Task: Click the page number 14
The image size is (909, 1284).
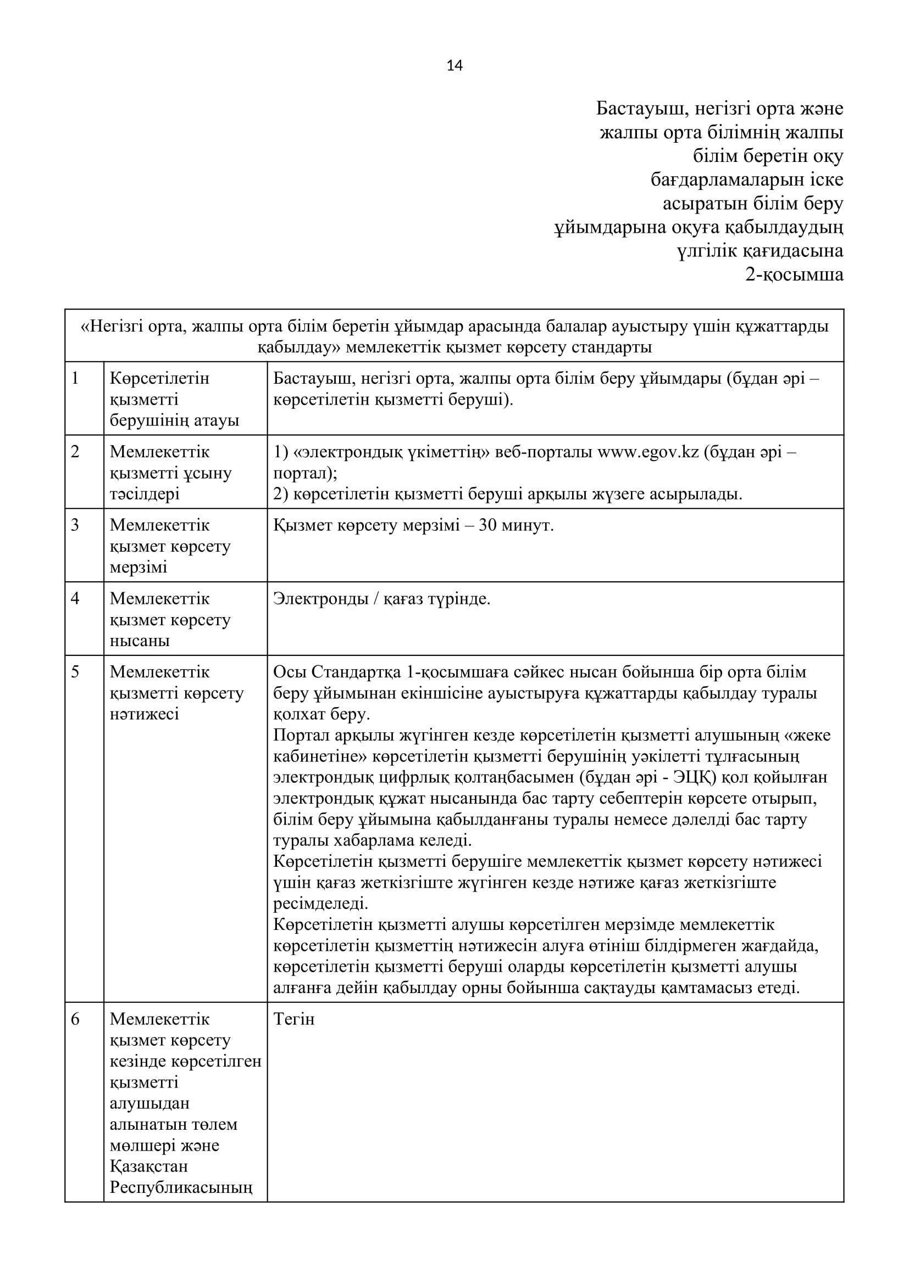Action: pyautogui.click(x=454, y=66)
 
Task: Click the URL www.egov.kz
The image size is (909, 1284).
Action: pyautogui.click(x=648, y=452)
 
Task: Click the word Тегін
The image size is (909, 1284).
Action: pyautogui.click(x=294, y=1019)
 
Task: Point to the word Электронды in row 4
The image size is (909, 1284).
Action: pyautogui.click(x=321, y=599)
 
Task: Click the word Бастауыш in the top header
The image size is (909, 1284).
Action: pyautogui.click(x=640, y=109)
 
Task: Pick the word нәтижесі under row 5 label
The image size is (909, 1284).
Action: pyautogui.click(x=145, y=714)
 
